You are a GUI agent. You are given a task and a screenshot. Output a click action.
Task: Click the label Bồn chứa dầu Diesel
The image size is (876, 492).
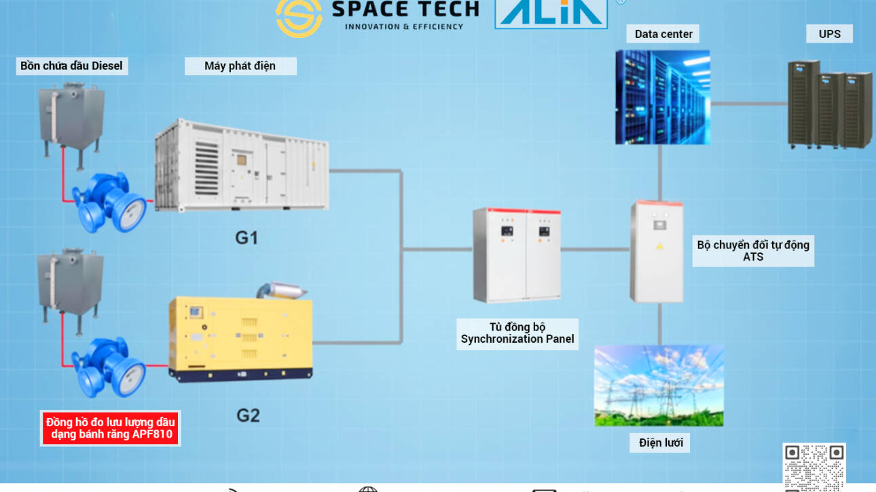coord(71,66)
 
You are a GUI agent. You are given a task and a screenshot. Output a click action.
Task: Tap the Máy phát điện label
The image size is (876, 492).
coord(240,66)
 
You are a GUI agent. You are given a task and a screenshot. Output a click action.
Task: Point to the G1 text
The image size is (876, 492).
coord(247,238)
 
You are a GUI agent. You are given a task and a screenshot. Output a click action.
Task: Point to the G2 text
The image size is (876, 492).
coord(248,415)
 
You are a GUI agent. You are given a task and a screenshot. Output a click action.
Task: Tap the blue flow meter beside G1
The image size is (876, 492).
coord(109,202)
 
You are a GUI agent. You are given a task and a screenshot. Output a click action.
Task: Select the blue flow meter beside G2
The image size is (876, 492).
coord(109,366)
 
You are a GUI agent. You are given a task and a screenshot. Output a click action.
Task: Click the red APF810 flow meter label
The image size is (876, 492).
coord(110,428)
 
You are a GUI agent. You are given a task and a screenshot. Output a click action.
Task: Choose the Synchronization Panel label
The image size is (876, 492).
coord(517,333)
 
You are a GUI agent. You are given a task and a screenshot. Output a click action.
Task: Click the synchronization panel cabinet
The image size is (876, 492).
coord(517,254)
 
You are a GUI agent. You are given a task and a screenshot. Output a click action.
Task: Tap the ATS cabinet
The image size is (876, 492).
coord(656,250)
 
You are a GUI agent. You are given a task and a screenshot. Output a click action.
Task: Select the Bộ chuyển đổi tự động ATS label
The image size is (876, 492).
coord(753,251)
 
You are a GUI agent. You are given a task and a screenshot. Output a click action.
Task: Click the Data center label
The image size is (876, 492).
coord(663,34)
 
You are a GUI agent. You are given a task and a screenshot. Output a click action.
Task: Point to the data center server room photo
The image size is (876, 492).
coord(662,96)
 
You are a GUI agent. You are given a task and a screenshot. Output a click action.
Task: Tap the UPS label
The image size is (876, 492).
coord(829,34)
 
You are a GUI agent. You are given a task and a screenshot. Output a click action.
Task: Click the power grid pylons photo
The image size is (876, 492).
coord(659,385)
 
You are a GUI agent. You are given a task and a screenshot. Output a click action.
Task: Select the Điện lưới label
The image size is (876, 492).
coord(660,443)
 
